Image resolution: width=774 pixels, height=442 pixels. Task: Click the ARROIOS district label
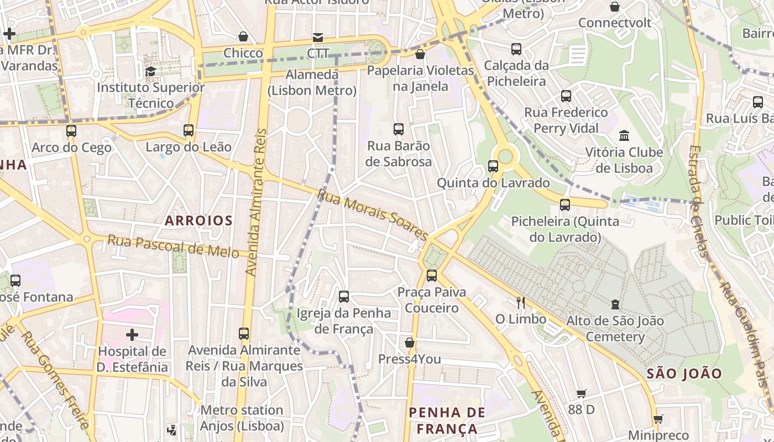point(198,220)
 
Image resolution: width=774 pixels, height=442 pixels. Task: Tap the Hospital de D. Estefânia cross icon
point(132,335)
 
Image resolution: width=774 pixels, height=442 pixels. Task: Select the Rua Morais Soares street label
point(373,215)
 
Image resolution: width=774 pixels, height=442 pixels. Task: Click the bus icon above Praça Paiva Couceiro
point(432,275)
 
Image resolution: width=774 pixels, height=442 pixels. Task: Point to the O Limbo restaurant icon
point(520,302)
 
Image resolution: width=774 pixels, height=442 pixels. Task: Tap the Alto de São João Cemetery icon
point(615,304)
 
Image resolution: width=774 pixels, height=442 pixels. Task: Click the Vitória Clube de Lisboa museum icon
point(624,135)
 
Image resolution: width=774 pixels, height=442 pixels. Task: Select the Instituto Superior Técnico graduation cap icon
point(150,71)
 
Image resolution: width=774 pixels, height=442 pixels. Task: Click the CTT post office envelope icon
point(318,38)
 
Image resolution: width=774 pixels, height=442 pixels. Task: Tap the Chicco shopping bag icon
point(243,37)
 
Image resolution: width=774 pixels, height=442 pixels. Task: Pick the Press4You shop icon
point(410,343)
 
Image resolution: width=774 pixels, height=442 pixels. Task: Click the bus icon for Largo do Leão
point(189,130)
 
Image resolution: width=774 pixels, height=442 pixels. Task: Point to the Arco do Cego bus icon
point(71,131)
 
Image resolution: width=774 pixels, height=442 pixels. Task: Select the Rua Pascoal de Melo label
point(173,246)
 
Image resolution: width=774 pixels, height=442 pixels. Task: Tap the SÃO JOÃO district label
point(684,373)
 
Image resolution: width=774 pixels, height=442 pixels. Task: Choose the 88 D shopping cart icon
point(581,394)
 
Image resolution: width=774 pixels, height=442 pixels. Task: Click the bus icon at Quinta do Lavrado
point(493,166)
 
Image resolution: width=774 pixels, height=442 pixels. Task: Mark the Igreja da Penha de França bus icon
point(344,297)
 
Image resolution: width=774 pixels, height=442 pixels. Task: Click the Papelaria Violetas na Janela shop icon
point(420,54)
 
